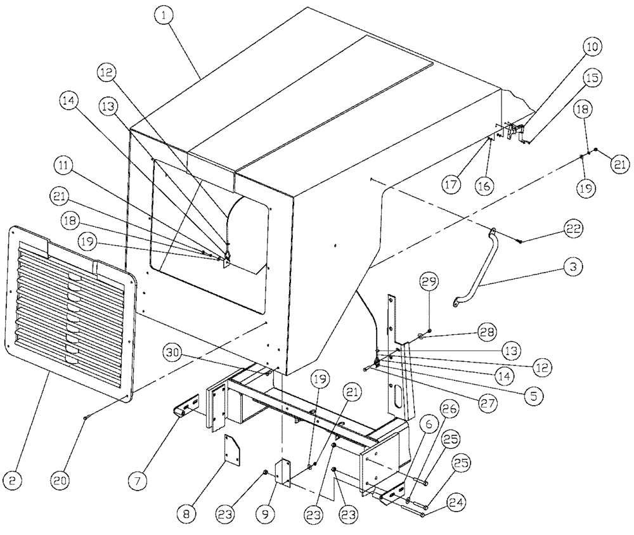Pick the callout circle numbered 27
(x=488, y=402)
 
